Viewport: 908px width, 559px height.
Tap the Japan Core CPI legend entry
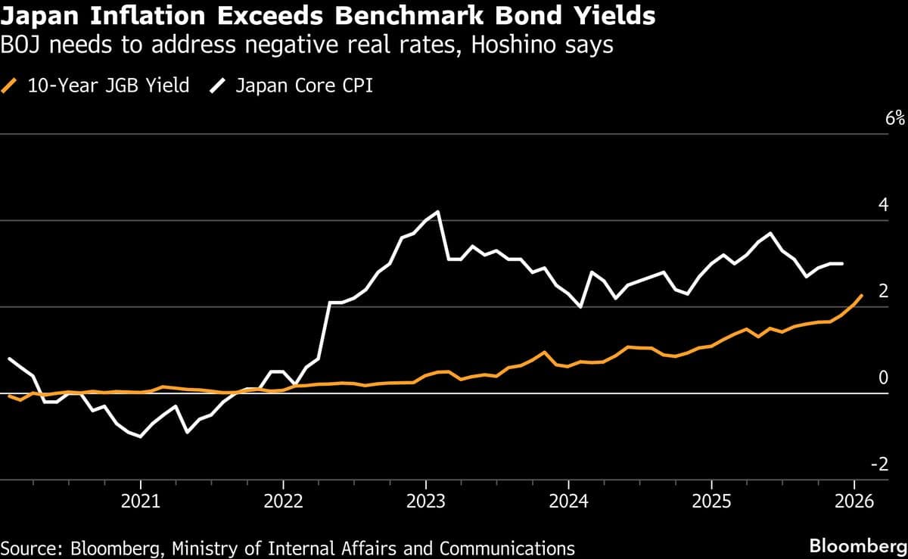(x=303, y=85)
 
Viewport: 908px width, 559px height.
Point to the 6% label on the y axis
(x=895, y=118)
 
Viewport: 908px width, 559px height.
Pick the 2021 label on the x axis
(x=140, y=501)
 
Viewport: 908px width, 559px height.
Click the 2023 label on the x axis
(x=425, y=501)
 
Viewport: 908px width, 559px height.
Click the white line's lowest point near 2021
(x=140, y=436)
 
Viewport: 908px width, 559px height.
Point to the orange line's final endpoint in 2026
(x=862, y=295)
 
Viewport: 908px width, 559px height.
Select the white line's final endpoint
(x=843, y=263)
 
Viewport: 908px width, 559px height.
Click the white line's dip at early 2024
(x=580, y=306)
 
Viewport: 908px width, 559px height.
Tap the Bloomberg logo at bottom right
(x=857, y=545)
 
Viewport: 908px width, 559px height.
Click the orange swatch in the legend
(x=10, y=85)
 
